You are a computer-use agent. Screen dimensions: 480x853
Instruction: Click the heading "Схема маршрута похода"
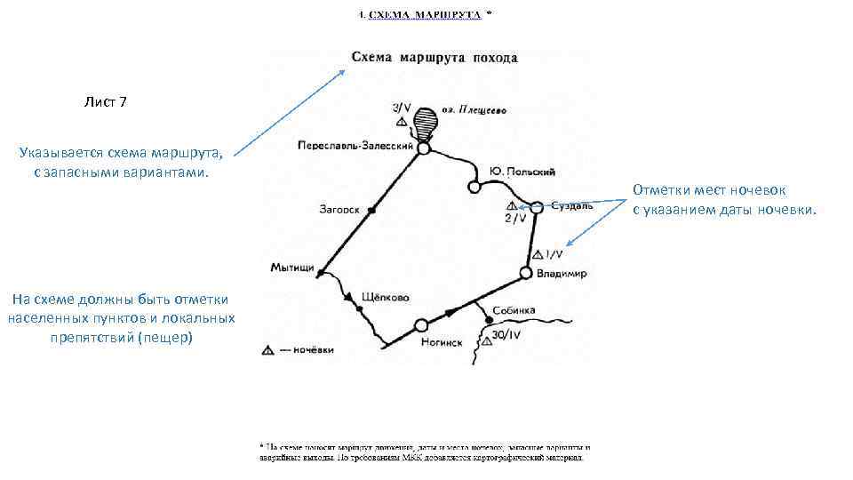tap(434, 58)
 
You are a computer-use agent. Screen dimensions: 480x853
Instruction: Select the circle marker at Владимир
tap(526, 273)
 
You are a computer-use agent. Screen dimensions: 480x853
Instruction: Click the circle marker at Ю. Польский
tap(474, 188)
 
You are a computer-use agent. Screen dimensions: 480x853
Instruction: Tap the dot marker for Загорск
tap(371, 210)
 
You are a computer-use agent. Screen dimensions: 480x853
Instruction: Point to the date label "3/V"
tap(402, 107)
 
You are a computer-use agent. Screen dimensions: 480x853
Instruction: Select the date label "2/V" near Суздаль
tap(514, 217)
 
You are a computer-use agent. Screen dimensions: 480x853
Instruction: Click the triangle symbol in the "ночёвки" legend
tap(267, 350)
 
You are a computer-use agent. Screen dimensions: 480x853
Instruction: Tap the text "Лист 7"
tap(106, 102)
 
